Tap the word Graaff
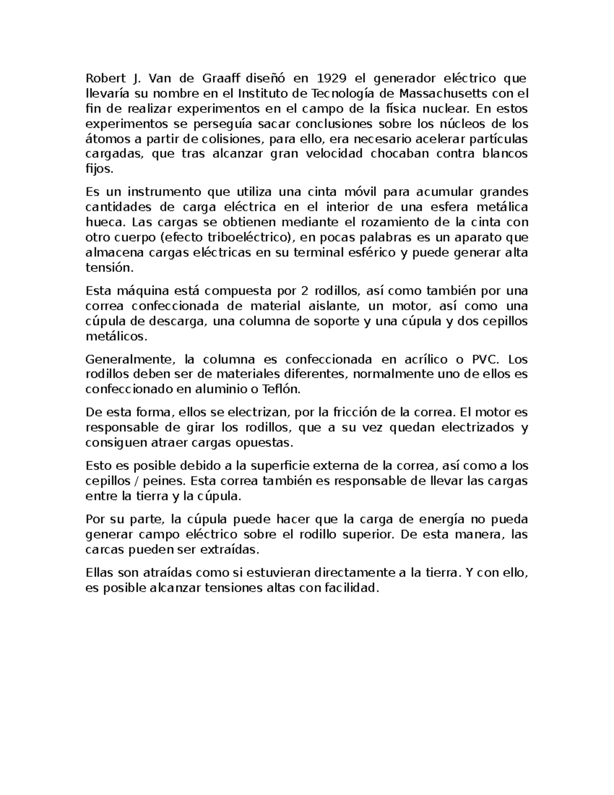(x=223, y=78)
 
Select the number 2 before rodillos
(x=304, y=291)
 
